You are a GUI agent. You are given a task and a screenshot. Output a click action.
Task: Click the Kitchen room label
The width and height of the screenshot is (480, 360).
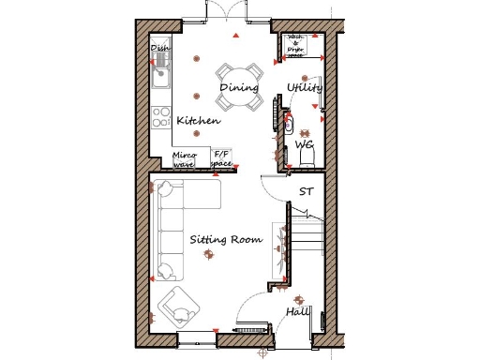pos(198,121)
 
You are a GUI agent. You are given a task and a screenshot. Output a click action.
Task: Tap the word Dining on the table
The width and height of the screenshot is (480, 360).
pos(239,88)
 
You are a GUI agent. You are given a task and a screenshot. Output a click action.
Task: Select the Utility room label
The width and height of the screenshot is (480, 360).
pos(306,88)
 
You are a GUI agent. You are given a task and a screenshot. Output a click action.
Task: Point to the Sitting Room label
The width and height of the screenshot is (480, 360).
pos(225,240)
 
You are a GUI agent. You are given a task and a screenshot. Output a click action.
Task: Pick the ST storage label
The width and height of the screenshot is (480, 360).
pos(306,191)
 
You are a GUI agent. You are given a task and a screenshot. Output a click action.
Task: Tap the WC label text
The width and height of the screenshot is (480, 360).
pos(305,146)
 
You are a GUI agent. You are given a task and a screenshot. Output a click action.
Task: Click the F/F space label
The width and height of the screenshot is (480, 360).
pos(222,158)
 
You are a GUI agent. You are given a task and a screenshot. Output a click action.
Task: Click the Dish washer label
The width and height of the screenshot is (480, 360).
pos(160,47)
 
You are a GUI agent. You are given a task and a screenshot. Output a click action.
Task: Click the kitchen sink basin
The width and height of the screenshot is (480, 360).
pos(159,72)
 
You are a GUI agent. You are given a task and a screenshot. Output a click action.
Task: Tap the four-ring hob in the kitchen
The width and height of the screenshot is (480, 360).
pos(160,119)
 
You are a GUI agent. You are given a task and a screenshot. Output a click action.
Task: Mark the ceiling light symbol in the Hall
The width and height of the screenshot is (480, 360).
pos(289,290)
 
